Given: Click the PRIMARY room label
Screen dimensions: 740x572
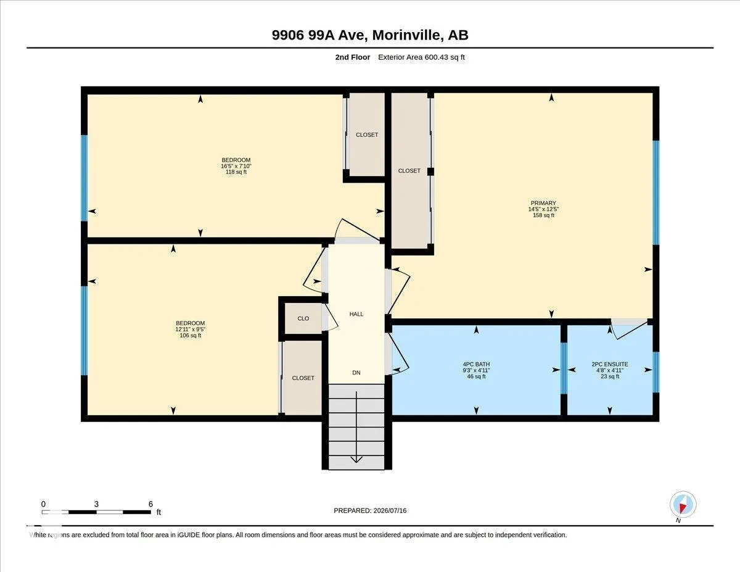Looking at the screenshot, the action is coord(543,203).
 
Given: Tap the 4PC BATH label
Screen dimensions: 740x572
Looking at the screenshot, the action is coord(476,364).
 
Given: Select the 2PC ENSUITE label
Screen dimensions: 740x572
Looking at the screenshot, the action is coord(609,364).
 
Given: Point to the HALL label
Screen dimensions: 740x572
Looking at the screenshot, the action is coord(356,314).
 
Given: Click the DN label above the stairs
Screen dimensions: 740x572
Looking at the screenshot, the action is coord(356,373).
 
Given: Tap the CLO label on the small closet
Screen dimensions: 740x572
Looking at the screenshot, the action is coord(303,318).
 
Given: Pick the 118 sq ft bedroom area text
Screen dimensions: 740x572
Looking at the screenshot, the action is coord(236,172).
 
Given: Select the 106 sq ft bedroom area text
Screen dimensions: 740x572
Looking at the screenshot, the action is coord(191,336).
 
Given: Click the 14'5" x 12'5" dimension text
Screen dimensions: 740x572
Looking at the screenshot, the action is coord(543,209).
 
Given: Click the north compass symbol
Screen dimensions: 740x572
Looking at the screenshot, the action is coord(683,504).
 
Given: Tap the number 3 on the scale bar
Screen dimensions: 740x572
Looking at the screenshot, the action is coord(96,504).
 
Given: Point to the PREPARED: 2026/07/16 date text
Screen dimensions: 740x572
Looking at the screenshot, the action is coord(370,510).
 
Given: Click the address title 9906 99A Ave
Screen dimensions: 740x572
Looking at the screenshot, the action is coord(319,35).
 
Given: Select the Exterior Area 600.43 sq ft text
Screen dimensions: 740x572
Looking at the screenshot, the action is coord(421,57).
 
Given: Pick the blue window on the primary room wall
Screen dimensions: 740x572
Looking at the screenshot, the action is coord(656,193).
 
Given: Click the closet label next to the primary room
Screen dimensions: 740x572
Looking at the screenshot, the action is coord(409,171).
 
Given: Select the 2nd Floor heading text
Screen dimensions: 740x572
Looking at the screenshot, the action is coord(353,57).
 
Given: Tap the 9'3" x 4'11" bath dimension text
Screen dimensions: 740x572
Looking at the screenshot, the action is coord(476,370).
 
